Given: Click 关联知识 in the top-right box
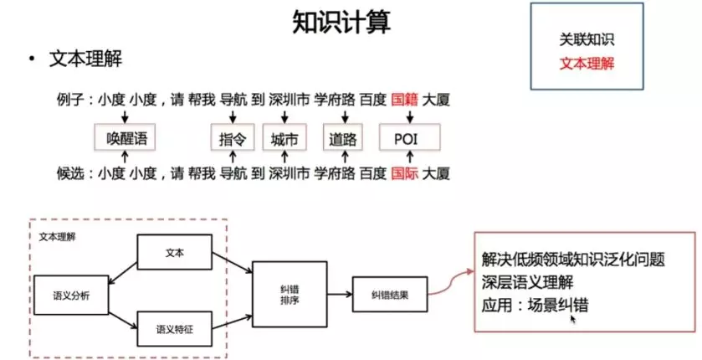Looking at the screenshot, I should [591, 40].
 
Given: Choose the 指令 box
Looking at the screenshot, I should [232, 138].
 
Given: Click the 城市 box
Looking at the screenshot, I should [284, 138].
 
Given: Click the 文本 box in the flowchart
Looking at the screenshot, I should [175, 252].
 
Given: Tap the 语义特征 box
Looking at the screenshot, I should [175, 329].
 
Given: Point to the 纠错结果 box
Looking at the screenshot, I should [389, 295].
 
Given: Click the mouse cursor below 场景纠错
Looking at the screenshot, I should [573, 319].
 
